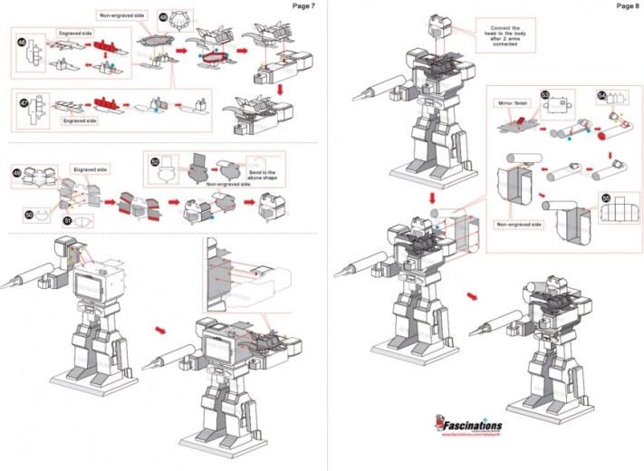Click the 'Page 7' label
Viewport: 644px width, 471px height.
303,6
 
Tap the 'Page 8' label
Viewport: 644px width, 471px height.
627,6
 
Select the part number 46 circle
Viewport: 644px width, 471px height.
23,42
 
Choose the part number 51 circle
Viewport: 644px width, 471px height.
66,218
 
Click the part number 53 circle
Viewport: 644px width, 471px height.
545,94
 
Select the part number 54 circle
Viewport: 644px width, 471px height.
602,95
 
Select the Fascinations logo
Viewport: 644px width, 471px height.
470,426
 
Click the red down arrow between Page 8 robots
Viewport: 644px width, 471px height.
432,197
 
